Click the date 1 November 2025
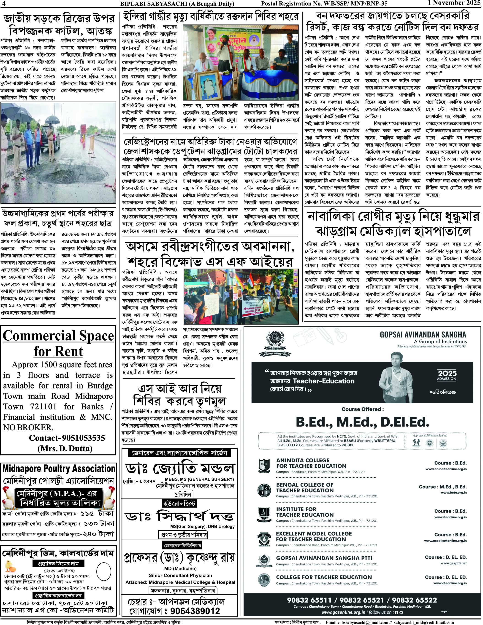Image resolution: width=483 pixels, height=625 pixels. pos(454,3)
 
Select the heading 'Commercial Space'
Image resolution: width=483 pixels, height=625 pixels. pos(58,336)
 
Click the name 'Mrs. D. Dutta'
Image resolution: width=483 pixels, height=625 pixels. pos(65,448)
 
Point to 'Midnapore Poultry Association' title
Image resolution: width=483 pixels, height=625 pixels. pos(59,469)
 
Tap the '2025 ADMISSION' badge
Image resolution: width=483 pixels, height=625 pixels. pos(447,375)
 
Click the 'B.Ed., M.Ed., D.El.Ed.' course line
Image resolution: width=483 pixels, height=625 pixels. pos(362,422)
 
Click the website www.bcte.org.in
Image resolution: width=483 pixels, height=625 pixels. pos(453,493)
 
